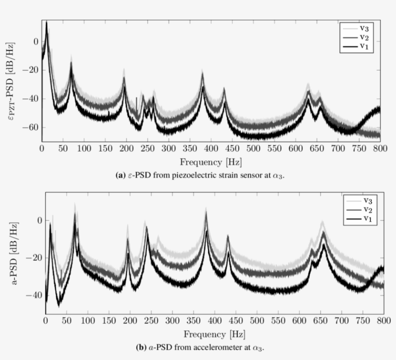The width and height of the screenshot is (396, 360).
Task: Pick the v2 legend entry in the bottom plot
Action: [368, 210]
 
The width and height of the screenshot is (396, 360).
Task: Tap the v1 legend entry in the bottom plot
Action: [368, 219]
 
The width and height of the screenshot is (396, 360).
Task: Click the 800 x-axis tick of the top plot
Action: [380, 149]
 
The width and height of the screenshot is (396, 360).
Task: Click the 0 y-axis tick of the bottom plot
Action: [40, 221]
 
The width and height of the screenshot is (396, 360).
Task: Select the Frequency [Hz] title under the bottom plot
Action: [213, 334]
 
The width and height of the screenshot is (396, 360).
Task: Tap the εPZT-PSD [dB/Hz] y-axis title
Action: [13, 80]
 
